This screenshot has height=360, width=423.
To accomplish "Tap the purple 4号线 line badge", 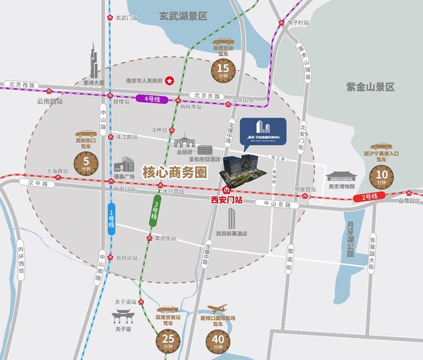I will coord(152,99).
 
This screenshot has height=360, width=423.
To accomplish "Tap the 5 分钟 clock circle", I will coord(86,164).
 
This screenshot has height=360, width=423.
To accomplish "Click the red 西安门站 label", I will coord(227,200).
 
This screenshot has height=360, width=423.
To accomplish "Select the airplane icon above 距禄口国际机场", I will coord(217,309).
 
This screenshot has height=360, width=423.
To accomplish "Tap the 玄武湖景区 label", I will coord(183,16).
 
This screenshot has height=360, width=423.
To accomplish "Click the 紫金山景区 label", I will coord(370,87).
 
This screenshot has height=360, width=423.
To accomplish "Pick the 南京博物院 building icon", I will coord(341,176).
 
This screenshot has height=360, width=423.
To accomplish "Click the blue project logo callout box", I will coord(263,130).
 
